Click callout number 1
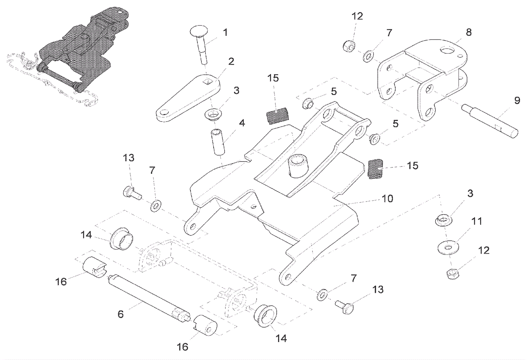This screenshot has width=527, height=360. [225, 33]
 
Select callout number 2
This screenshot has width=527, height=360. [231, 61]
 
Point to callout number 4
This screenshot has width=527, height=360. [242, 123]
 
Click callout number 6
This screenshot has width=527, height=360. [121, 314]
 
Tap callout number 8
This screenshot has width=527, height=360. [469, 32]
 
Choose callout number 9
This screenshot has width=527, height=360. [517, 100]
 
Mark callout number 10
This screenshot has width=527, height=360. [387, 199]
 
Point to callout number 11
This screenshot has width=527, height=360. [477, 221]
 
